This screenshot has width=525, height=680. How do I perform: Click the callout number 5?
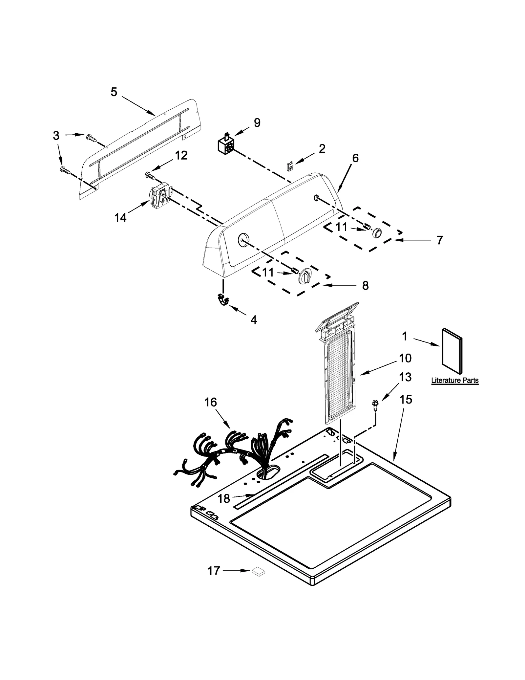coord(114,92)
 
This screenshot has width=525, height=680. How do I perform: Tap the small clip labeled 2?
coord(289,166)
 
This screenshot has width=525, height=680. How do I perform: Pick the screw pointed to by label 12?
coord(150,176)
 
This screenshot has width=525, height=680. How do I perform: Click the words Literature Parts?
coord(454,381)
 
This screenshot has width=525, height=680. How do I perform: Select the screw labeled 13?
coord(374,404)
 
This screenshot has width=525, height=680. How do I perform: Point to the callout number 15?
coord(406,400)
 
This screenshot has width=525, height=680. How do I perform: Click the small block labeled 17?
coord(258,572)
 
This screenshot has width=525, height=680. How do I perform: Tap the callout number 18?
coord(224,508)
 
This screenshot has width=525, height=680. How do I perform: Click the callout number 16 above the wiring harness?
coord(211,402)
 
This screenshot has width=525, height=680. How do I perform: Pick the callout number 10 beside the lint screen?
coord(405,358)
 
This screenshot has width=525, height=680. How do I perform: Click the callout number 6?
coord(355,158)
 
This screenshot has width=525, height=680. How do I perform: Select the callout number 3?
coord(56,135)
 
